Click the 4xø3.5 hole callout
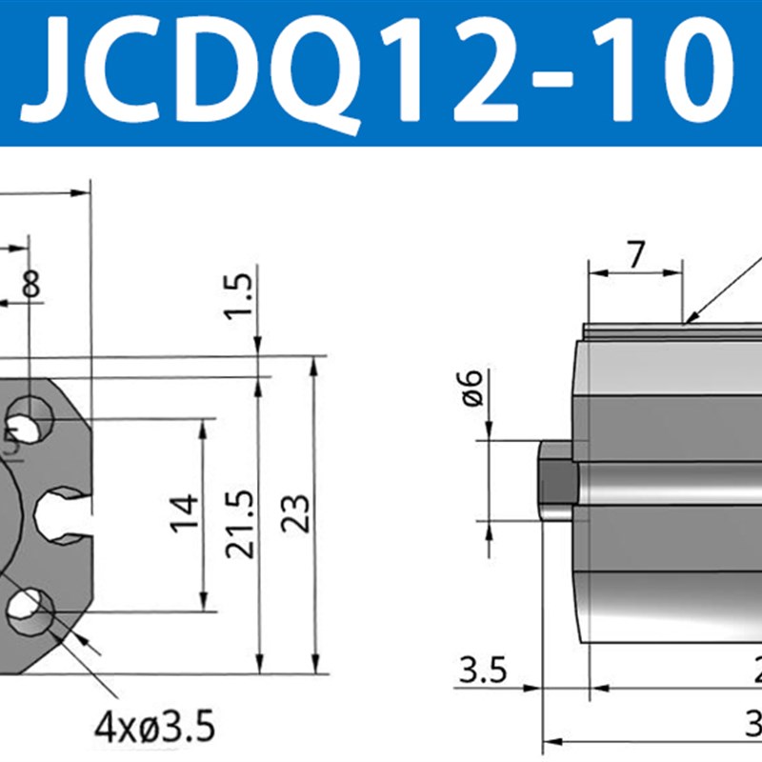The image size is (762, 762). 154,729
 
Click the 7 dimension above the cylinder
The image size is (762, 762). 635,254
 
